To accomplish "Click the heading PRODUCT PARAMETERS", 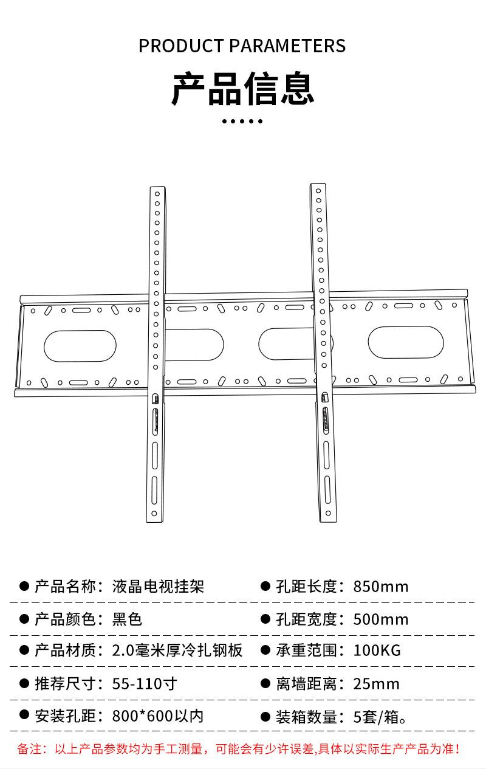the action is [x=242, y=46].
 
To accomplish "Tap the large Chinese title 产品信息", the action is [x=242, y=89].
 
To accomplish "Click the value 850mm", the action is [x=381, y=587].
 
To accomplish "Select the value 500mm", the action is [x=381, y=619].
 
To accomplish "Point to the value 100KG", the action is [x=377, y=650].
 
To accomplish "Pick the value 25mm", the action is [x=377, y=684].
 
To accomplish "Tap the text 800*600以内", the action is [x=158, y=716].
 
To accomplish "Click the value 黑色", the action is [x=128, y=619].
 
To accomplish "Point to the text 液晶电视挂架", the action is [x=158, y=587].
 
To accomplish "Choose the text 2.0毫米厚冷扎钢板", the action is [x=177, y=650].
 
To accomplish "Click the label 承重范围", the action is [x=306, y=650].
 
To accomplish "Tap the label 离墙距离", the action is [x=306, y=684].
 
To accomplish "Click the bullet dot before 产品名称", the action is [x=24, y=586].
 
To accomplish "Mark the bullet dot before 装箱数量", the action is [x=265, y=716].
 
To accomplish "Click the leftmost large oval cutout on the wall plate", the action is [x=80, y=345].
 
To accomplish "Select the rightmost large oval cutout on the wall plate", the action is [x=406, y=342].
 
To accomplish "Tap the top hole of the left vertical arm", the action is [x=157, y=194].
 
